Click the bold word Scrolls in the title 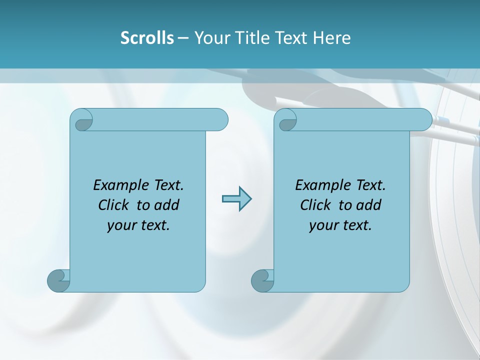pyautogui.click(x=147, y=38)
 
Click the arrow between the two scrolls pyautogui.click(x=236, y=199)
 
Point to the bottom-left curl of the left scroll pyautogui.click(x=58, y=281)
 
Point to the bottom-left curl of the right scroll pyautogui.click(x=262, y=281)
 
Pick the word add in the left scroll pyautogui.click(x=166, y=205)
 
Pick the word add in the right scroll pyautogui.click(x=368, y=205)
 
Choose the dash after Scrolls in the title pyautogui.click(x=183, y=38)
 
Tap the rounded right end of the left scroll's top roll pyautogui.click(x=220, y=120)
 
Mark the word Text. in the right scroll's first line pyautogui.click(x=370, y=185)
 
